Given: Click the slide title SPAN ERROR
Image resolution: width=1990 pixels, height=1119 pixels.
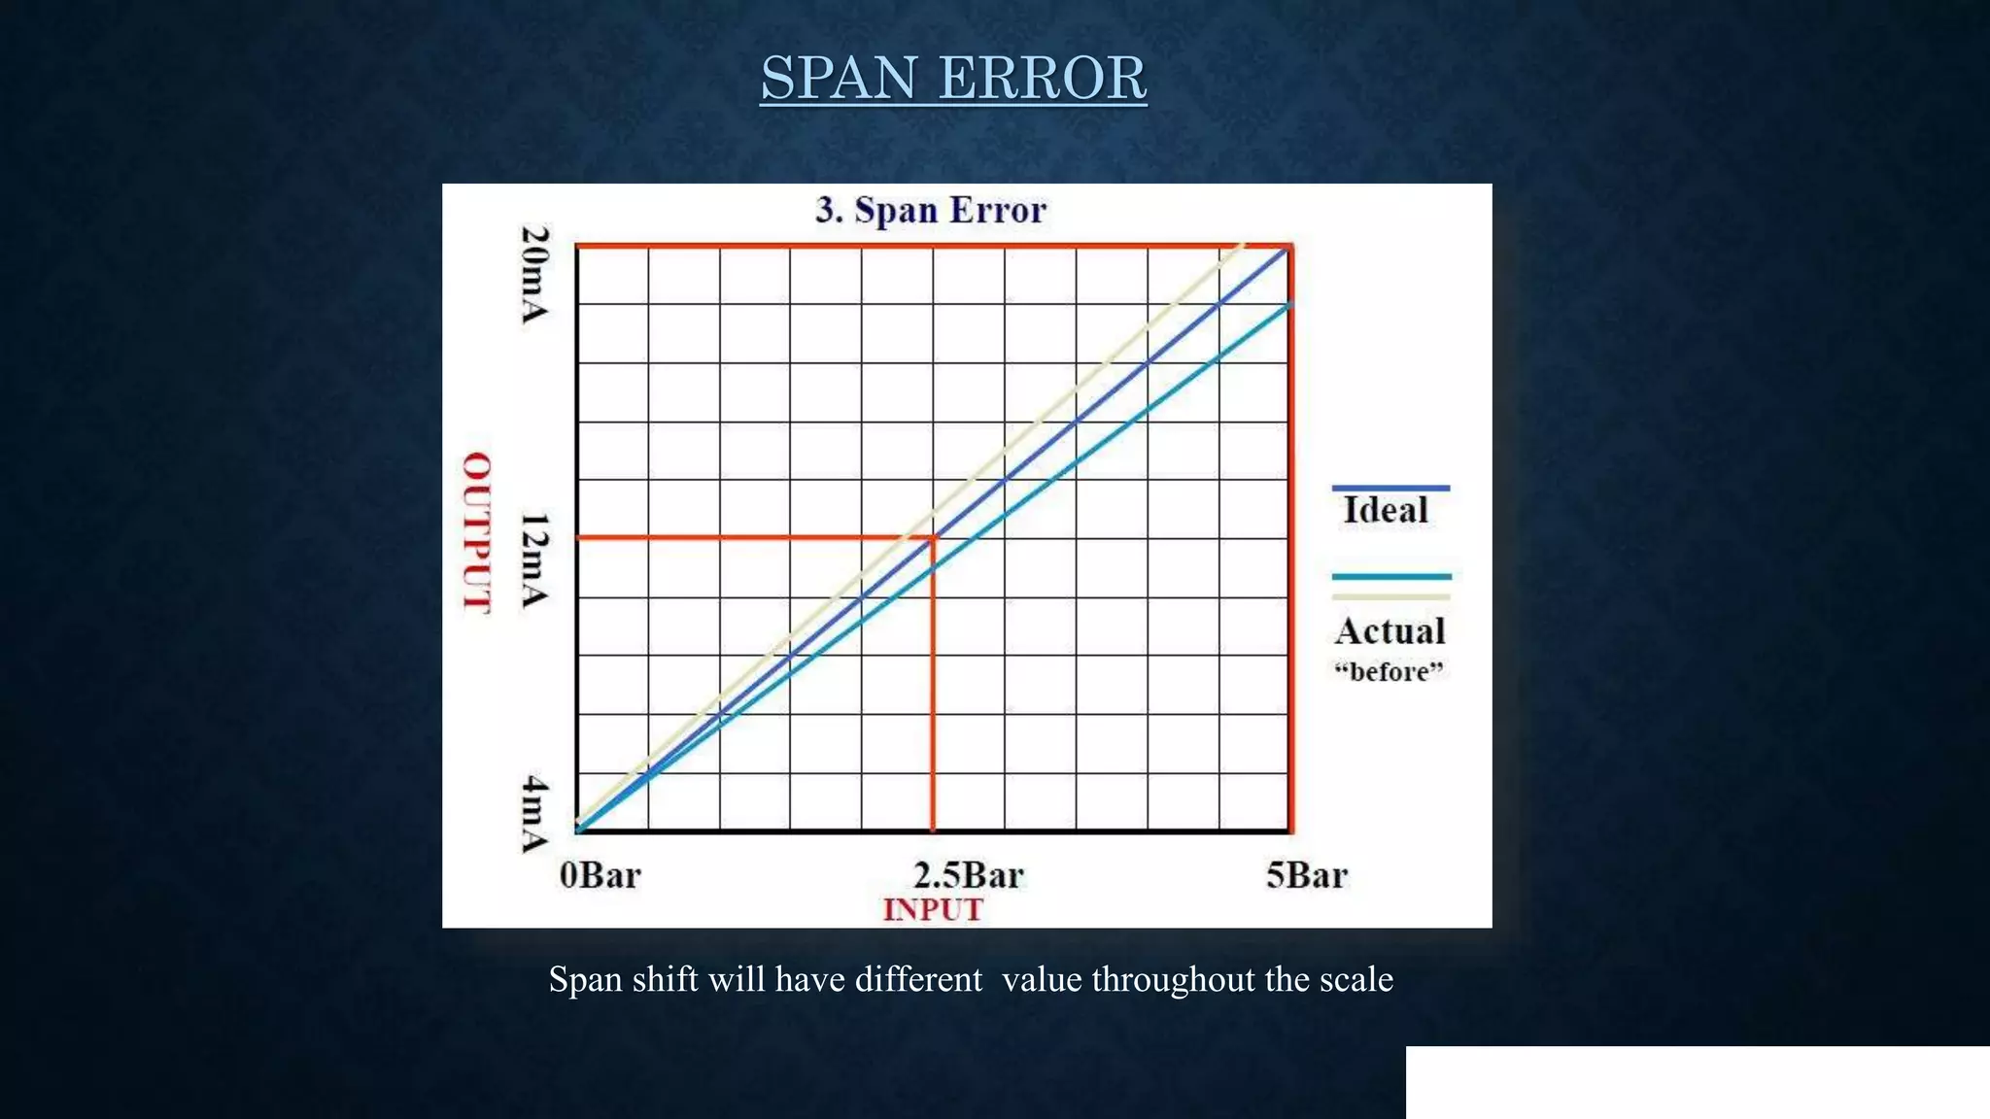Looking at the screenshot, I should tap(952, 78).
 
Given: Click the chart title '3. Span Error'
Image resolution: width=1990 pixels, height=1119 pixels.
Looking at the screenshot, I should tap(931, 210).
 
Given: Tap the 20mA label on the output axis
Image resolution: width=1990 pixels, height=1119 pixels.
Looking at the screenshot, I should tap(534, 275).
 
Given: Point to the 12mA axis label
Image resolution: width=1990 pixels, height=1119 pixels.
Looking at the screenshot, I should tap(534, 561).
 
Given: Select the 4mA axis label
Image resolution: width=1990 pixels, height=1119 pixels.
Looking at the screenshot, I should tap(534, 813).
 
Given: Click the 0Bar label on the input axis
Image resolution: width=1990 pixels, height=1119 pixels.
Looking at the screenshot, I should tap(600, 875).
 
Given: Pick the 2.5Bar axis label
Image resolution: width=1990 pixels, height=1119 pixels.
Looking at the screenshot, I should tap(968, 875).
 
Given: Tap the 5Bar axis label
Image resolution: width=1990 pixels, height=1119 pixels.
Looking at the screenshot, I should tap(1306, 875).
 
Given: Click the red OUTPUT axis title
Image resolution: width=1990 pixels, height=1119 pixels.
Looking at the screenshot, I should tap(476, 532).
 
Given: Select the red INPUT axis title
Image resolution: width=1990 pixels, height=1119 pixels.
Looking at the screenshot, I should tap(933, 910).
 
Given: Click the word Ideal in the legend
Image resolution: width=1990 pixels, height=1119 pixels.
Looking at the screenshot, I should tap(1386, 510).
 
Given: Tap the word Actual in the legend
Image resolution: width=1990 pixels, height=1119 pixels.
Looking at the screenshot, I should tap(1390, 631).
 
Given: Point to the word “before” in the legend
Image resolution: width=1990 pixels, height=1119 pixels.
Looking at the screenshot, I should tap(1390, 671).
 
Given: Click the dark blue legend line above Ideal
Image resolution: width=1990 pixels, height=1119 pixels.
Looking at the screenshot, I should tap(1390, 488).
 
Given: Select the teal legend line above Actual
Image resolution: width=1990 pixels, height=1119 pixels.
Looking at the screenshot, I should tap(1391, 576).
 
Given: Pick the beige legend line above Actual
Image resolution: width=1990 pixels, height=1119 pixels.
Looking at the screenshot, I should tap(1391, 596).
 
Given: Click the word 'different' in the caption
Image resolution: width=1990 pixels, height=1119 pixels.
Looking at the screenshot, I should tap(918, 979).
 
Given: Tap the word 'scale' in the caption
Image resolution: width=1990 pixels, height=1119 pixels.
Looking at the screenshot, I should tap(1355, 979).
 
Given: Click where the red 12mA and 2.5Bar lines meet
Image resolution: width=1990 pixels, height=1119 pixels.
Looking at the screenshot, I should tap(934, 537).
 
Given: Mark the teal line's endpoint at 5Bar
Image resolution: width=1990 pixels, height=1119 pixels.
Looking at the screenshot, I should tap(1290, 305).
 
